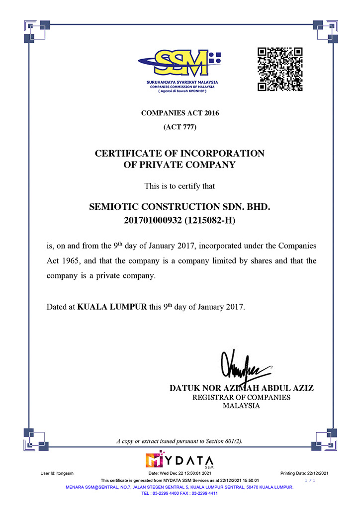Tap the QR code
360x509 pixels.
point(279,69)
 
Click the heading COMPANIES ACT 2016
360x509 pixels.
point(180,113)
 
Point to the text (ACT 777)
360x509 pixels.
point(180,127)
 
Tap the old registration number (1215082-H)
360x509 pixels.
point(209,220)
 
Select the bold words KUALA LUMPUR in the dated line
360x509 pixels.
point(112,307)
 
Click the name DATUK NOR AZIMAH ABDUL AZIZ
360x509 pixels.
point(242,388)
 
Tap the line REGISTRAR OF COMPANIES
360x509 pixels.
point(242,397)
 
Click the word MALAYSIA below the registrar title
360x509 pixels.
point(242,406)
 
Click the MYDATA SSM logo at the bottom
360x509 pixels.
point(180,461)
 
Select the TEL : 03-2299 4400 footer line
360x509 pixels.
point(180,494)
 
